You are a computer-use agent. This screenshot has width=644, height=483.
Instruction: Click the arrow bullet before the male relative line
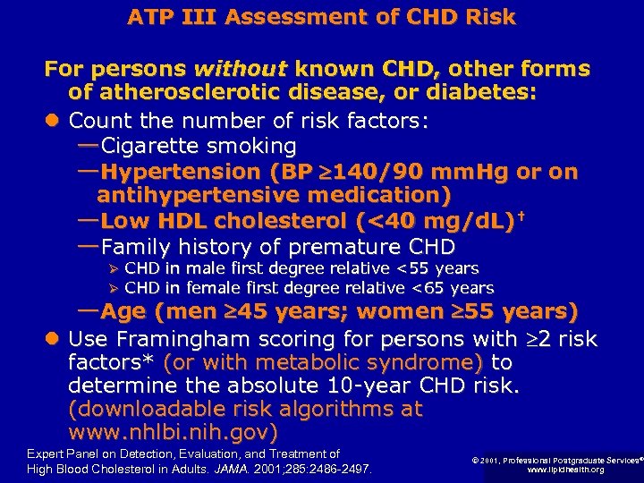[113, 269]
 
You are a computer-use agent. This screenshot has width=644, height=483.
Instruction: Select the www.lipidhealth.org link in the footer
[565, 470]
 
